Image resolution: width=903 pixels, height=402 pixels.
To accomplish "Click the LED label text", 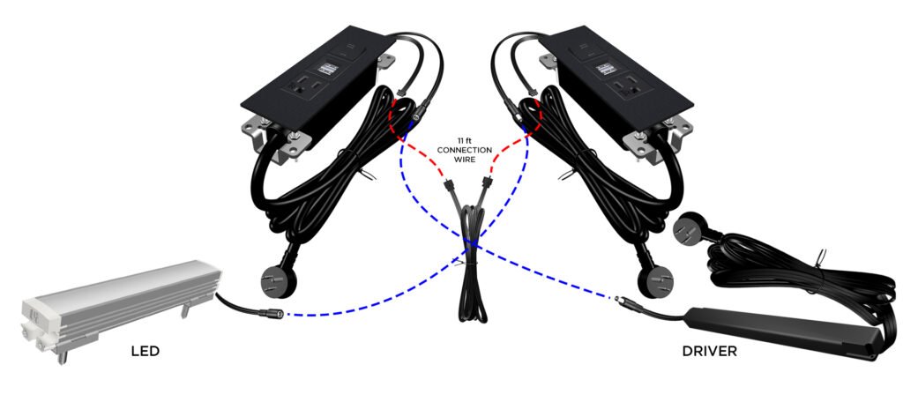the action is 145,351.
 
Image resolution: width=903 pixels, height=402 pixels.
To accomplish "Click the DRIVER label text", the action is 709,351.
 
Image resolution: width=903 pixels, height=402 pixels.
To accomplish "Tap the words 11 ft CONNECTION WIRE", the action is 464,150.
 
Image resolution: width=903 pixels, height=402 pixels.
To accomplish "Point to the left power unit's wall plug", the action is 279,280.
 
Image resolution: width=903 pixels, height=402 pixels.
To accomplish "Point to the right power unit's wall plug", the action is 656,280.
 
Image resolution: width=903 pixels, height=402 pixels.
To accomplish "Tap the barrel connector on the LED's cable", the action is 271,315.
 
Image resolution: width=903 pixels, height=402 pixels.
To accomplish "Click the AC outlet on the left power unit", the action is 305,87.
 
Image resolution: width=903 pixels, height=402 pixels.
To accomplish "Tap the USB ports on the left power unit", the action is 326,69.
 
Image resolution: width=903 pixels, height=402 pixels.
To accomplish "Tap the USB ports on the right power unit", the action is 605,69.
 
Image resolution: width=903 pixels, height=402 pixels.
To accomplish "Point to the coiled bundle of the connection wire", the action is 472,265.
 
